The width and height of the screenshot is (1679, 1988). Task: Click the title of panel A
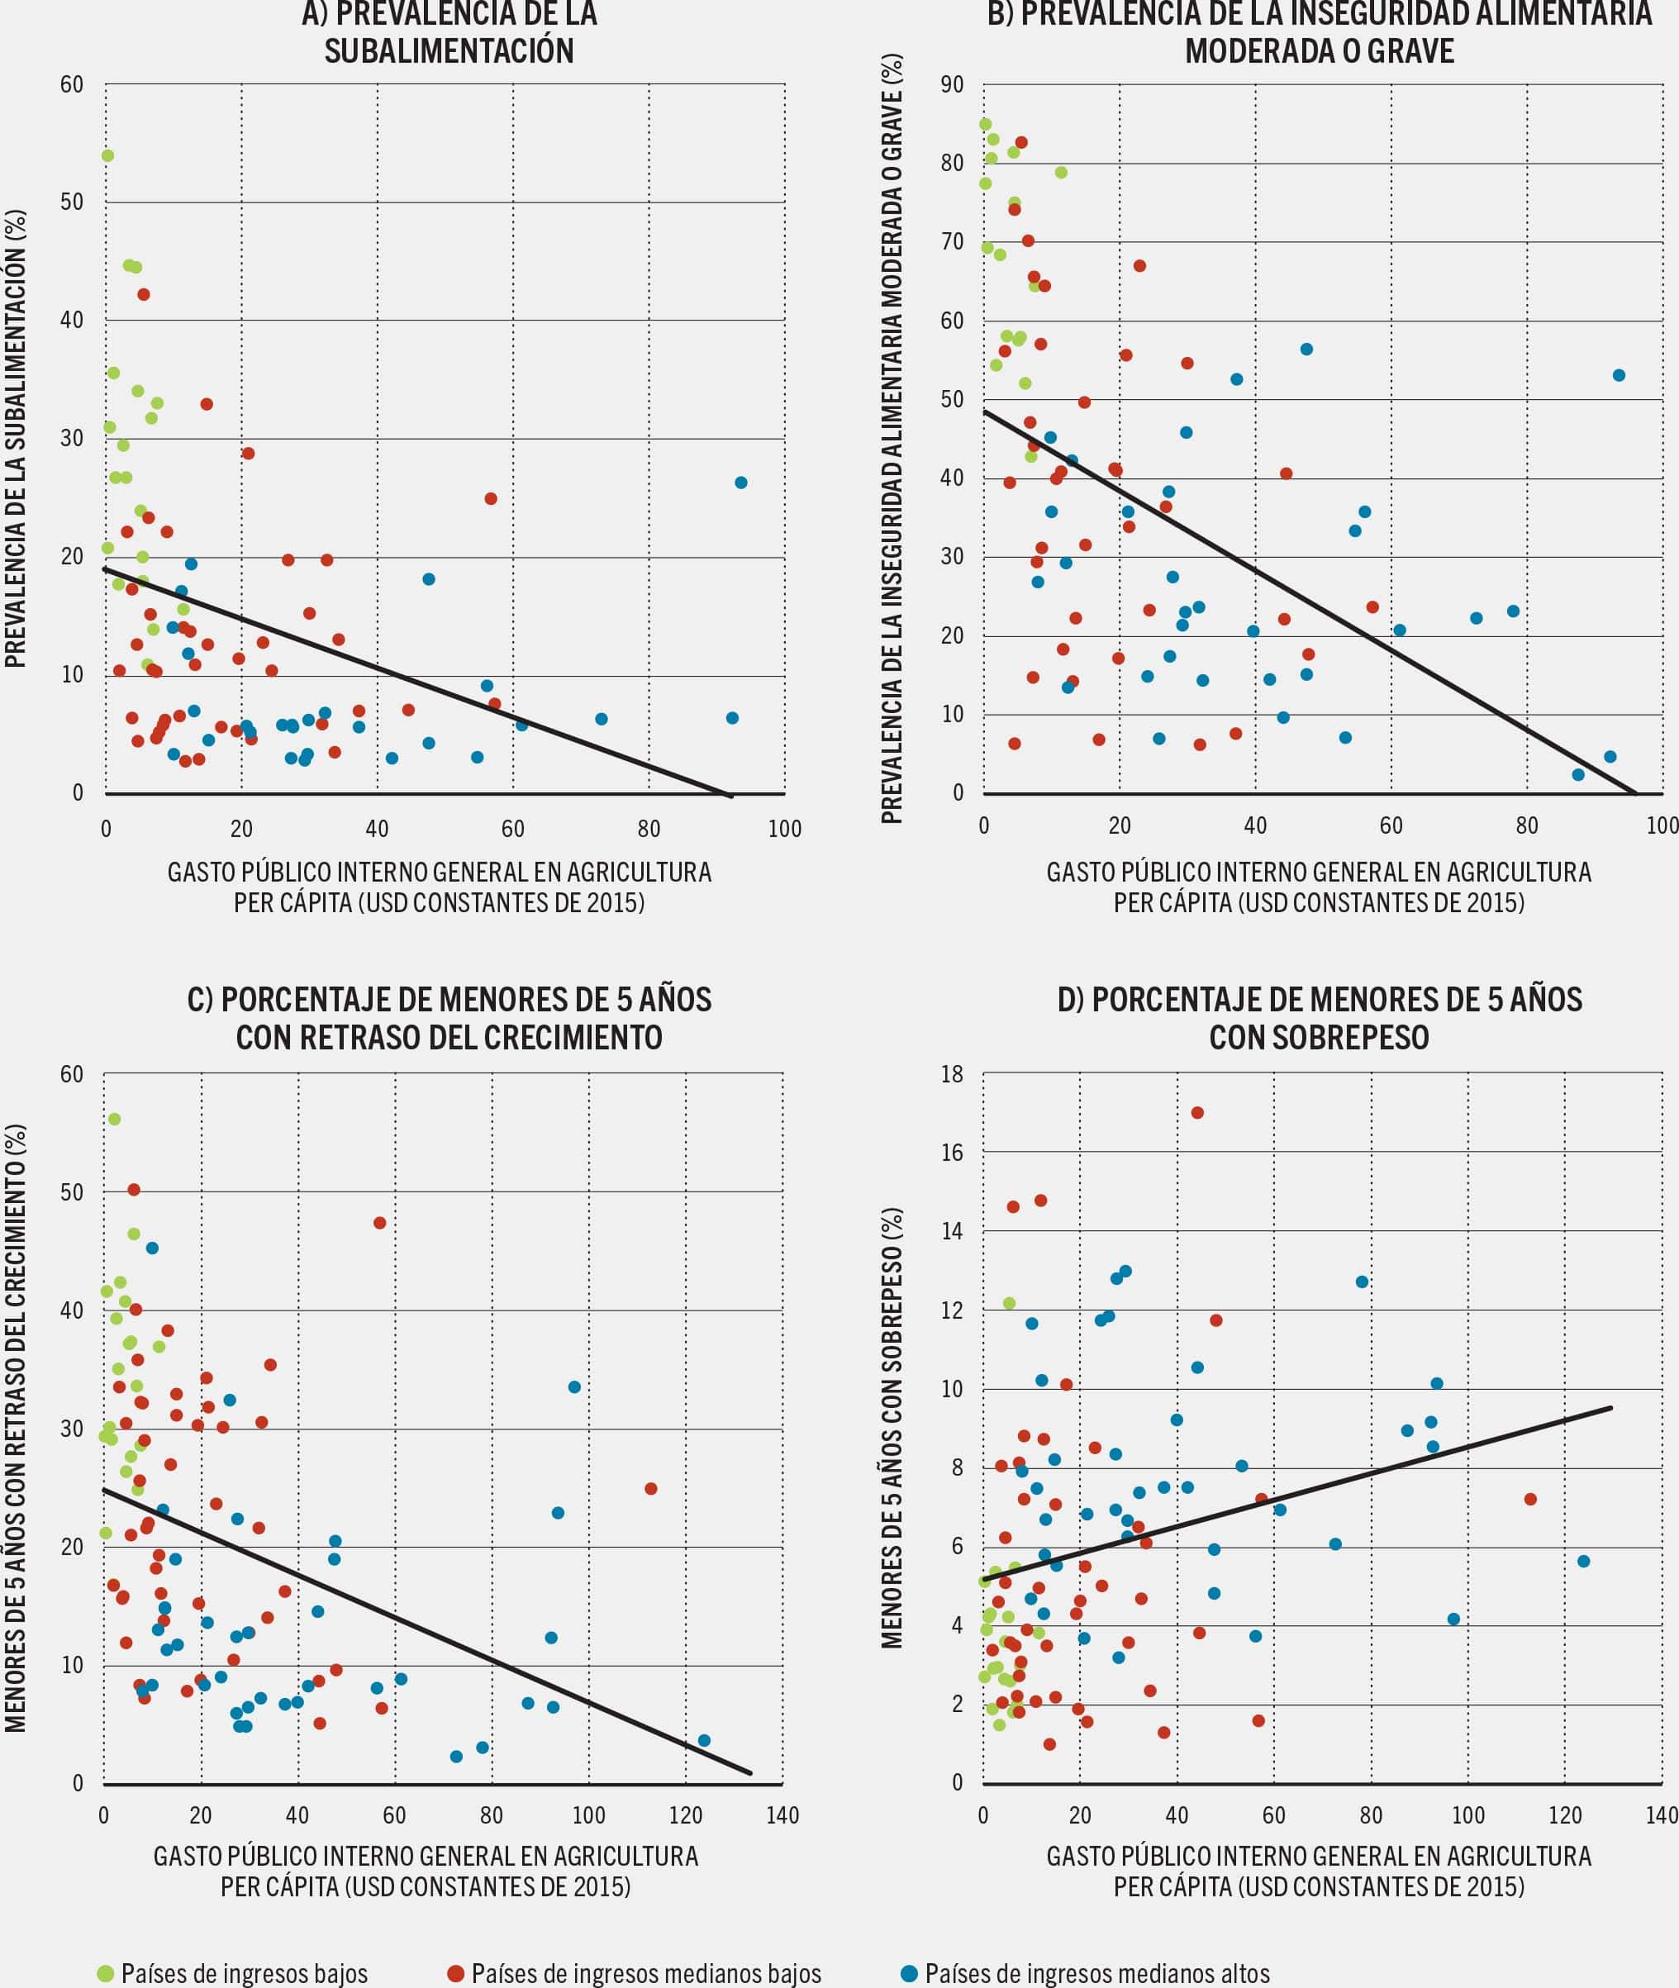(x=449, y=32)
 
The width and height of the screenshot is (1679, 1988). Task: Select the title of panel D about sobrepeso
(x=1320, y=1017)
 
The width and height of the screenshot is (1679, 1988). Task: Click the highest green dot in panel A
(x=107, y=156)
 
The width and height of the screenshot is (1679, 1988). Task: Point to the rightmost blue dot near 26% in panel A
(x=740, y=483)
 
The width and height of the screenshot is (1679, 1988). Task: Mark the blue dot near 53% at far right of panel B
(x=1618, y=376)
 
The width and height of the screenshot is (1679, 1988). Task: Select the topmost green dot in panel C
(x=114, y=1119)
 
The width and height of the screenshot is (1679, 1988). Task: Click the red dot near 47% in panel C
(x=378, y=1223)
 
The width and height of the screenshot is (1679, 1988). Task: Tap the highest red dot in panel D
(x=1197, y=1112)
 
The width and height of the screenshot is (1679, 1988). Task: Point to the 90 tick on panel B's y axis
(x=952, y=85)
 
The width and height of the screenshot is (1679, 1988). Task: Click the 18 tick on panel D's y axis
(x=952, y=1074)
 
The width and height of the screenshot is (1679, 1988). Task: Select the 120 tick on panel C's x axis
(x=685, y=1816)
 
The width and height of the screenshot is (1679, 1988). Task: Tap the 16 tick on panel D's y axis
(x=952, y=1153)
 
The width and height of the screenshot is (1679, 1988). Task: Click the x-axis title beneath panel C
(x=426, y=1871)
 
